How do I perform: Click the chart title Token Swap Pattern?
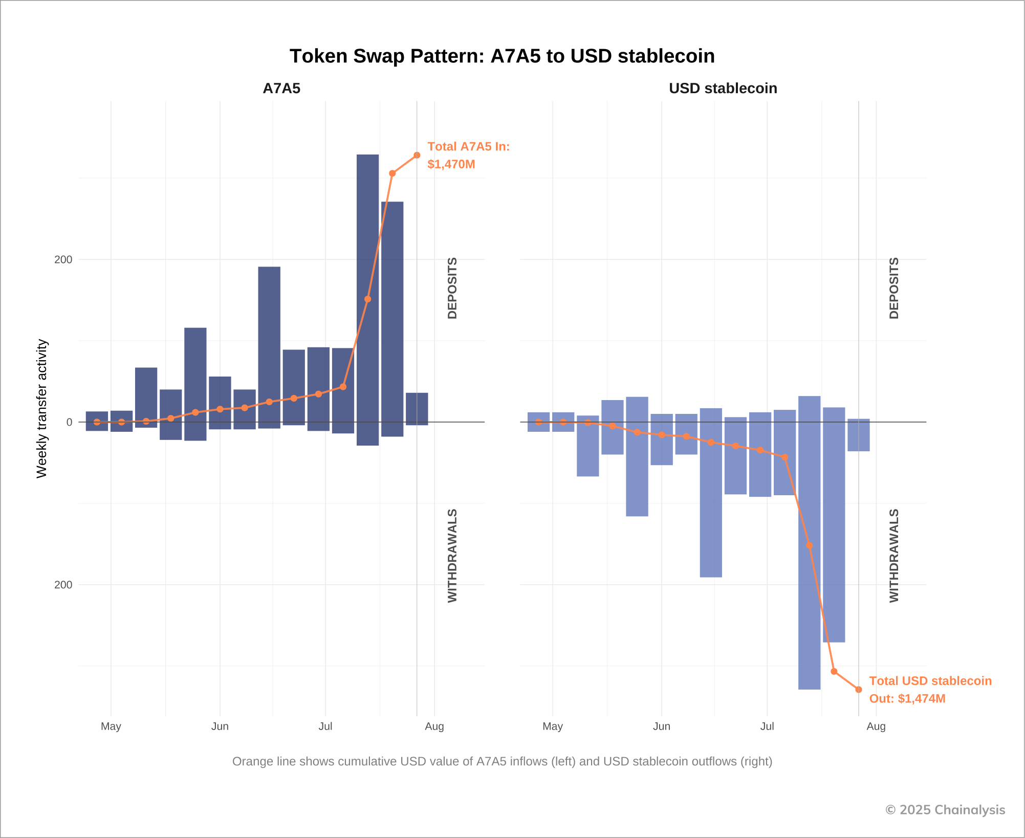pyautogui.click(x=502, y=56)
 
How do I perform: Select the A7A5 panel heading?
pyautogui.click(x=281, y=89)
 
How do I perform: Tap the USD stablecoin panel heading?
pyautogui.click(x=723, y=89)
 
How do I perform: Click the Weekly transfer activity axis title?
pyautogui.click(x=41, y=408)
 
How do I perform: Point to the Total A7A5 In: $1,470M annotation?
pyautogui.click(x=468, y=155)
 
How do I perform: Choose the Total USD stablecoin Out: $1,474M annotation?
pyautogui.click(x=930, y=689)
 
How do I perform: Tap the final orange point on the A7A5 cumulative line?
pyautogui.click(x=417, y=155)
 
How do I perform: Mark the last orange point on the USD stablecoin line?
pyautogui.click(x=859, y=690)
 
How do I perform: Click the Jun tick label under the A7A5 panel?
pyautogui.click(x=220, y=726)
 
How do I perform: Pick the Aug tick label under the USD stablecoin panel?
pyautogui.click(x=876, y=726)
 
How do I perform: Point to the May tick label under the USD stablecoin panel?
pyautogui.click(x=553, y=726)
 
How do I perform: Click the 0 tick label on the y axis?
pyautogui.click(x=69, y=422)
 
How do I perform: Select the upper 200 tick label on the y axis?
pyautogui.click(x=63, y=259)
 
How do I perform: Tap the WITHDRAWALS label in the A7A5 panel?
pyautogui.click(x=452, y=556)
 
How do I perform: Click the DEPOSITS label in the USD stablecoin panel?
pyautogui.click(x=894, y=288)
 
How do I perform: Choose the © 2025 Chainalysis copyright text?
pyautogui.click(x=945, y=810)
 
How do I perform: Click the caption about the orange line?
pyautogui.click(x=502, y=761)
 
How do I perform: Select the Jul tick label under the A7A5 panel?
pyautogui.click(x=325, y=726)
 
